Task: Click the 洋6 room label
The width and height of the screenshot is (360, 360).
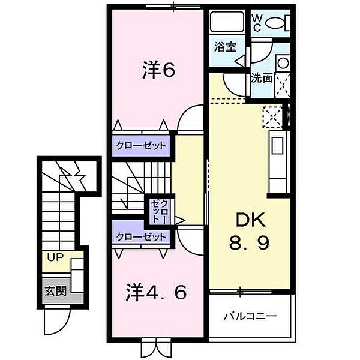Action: [158, 71]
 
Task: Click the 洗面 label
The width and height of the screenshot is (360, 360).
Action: [261, 77]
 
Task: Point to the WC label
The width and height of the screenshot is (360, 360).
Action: [256, 23]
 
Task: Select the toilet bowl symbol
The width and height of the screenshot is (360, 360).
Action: [277, 23]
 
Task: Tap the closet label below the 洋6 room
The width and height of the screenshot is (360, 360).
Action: [142, 146]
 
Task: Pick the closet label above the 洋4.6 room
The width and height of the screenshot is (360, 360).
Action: [142, 237]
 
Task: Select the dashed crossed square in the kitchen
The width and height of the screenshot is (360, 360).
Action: [274, 116]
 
